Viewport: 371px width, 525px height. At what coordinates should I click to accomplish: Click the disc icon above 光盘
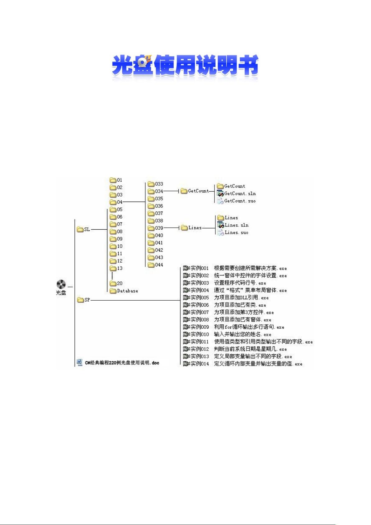[61, 284]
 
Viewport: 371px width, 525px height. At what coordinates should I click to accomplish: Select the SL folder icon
[80, 229]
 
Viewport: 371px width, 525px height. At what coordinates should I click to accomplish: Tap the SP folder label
[87, 300]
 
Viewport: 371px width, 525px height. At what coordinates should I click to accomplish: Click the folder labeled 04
[113, 202]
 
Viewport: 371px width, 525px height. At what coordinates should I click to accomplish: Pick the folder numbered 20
[113, 283]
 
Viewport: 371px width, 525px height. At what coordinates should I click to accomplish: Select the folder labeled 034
[151, 191]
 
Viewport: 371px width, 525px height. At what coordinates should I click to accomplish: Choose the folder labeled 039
[151, 228]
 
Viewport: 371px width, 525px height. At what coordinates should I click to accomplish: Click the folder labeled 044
[151, 265]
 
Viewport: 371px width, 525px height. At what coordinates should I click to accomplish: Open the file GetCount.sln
[237, 193]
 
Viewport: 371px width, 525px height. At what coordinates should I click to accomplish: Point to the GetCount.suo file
[237, 201]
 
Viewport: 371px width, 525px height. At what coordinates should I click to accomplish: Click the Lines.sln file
[233, 225]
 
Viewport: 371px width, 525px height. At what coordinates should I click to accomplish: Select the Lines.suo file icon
[220, 232]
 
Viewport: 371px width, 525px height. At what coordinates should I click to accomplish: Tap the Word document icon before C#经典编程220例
[80, 362]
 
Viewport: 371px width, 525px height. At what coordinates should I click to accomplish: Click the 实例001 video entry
[196, 268]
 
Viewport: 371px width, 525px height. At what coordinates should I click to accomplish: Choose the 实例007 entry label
[200, 312]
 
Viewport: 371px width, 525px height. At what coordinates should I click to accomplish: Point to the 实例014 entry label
[200, 364]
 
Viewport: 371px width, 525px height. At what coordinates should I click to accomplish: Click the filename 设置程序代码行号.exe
[240, 283]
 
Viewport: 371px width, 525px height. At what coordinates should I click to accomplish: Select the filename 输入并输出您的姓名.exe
[242, 334]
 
